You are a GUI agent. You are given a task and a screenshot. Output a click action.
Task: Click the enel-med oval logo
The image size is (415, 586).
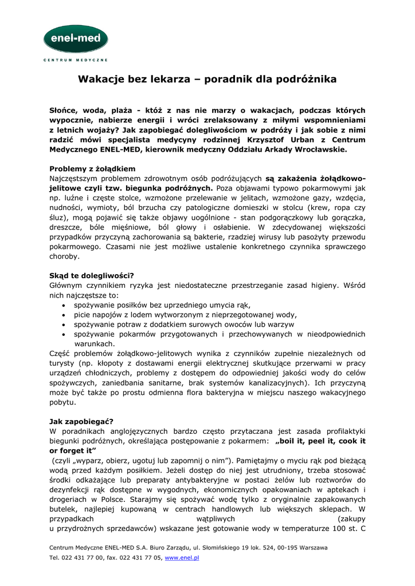pyautogui.click(x=76, y=39)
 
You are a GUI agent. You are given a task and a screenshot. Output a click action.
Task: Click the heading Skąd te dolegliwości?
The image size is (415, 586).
pyautogui.click(x=92, y=275)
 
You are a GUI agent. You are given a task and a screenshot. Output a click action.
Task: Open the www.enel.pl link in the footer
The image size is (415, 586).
pyautogui.click(x=182, y=557)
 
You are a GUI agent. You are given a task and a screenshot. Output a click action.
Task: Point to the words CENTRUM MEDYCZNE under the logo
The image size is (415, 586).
pyautogui.click(x=76, y=60)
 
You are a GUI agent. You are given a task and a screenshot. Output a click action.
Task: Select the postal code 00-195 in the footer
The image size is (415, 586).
pyautogui.click(x=279, y=548)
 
